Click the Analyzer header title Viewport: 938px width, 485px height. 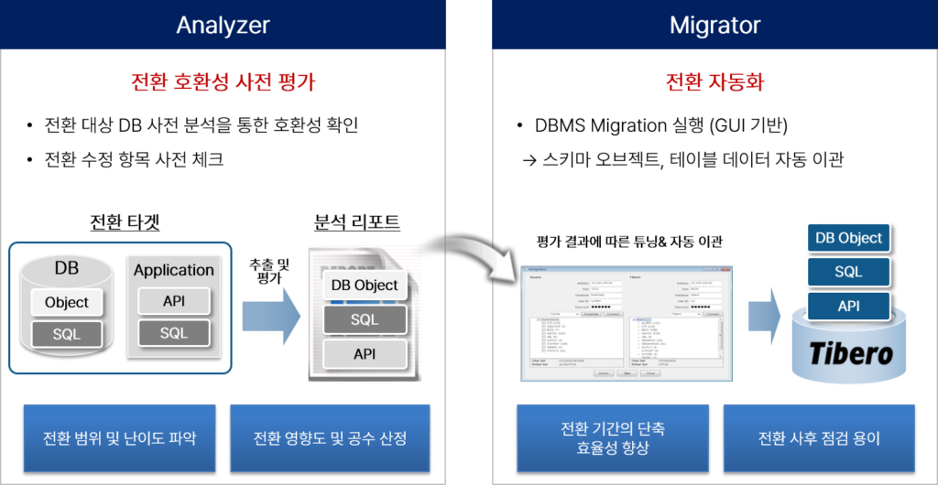pos(223,25)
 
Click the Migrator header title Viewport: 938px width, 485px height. pos(714,25)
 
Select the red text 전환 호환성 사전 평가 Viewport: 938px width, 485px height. pos(223,82)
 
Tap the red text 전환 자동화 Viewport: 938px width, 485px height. pos(714,82)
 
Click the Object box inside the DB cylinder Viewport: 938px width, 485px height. pos(67,302)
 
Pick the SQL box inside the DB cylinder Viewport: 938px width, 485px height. pos(67,334)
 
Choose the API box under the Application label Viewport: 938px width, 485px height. pos(173,301)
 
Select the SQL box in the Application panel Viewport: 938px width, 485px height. pos(173,333)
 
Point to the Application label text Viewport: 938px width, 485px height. pos(173,270)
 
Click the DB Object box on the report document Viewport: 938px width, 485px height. pos(365,285)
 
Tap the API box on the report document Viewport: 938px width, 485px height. pos(365,354)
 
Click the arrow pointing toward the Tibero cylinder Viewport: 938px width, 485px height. pos(763,317)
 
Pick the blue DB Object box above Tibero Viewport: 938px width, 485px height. pos(848,238)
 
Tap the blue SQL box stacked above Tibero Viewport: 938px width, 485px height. pos(848,272)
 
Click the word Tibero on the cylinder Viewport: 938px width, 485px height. pos(849,352)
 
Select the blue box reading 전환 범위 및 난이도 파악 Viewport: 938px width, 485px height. pos(119,437)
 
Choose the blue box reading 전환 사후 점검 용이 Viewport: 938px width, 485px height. pos(819,437)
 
